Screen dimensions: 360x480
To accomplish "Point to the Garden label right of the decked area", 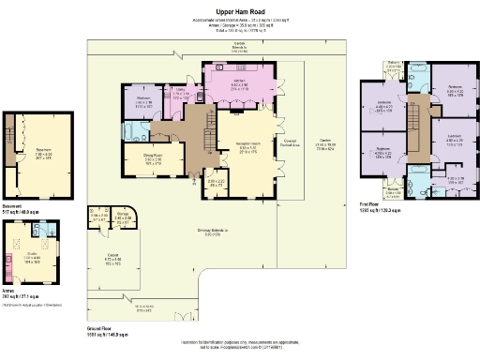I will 324,142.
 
